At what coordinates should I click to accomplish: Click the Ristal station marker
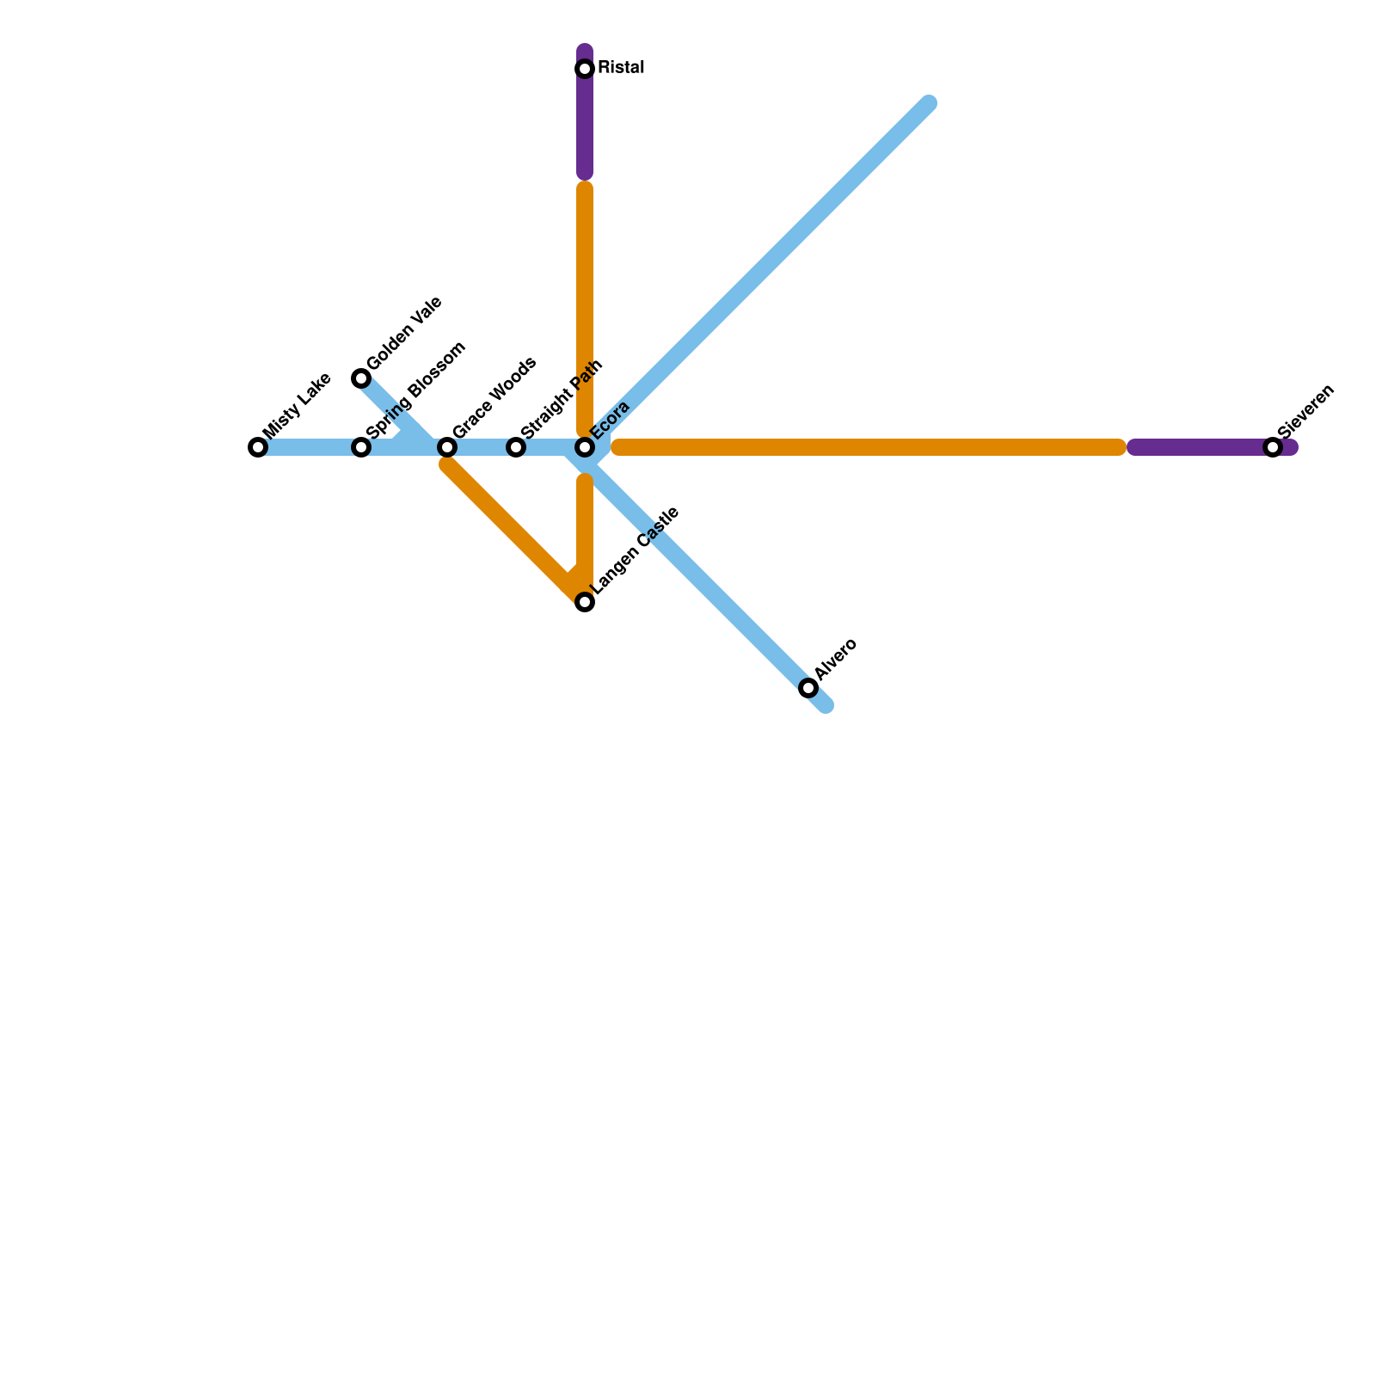pos(585,69)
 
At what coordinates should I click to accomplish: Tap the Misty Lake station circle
pos(258,447)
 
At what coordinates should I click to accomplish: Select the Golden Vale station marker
pos(361,378)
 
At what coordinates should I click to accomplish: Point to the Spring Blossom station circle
pos(361,447)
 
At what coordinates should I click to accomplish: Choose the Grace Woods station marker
pos(447,447)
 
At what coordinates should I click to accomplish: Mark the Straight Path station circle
pos(516,447)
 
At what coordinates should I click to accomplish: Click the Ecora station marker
pos(585,447)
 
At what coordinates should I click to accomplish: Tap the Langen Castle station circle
pos(585,602)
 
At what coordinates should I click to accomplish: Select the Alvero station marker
pos(808,688)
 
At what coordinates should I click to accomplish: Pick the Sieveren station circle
pos(1273,447)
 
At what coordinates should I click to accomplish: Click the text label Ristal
pos(621,68)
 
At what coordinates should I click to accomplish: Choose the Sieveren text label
pos(1305,410)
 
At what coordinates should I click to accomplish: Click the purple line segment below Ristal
pos(585,129)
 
